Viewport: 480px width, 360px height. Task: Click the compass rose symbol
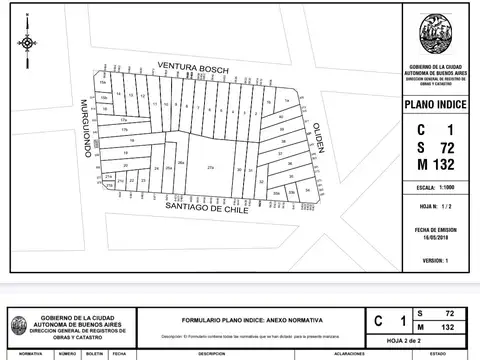point(25,42)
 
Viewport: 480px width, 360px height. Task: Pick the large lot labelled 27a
point(210,168)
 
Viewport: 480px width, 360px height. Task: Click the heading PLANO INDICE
point(434,103)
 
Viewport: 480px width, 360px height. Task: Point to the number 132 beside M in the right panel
point(447,163)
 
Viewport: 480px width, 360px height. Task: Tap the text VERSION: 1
point(434,260)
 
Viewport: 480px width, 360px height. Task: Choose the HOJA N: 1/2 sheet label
point(434,208)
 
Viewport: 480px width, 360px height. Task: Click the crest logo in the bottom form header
point(19,325)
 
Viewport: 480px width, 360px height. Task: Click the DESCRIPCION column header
point(211,354)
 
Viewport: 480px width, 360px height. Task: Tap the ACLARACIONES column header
point(350,354)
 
